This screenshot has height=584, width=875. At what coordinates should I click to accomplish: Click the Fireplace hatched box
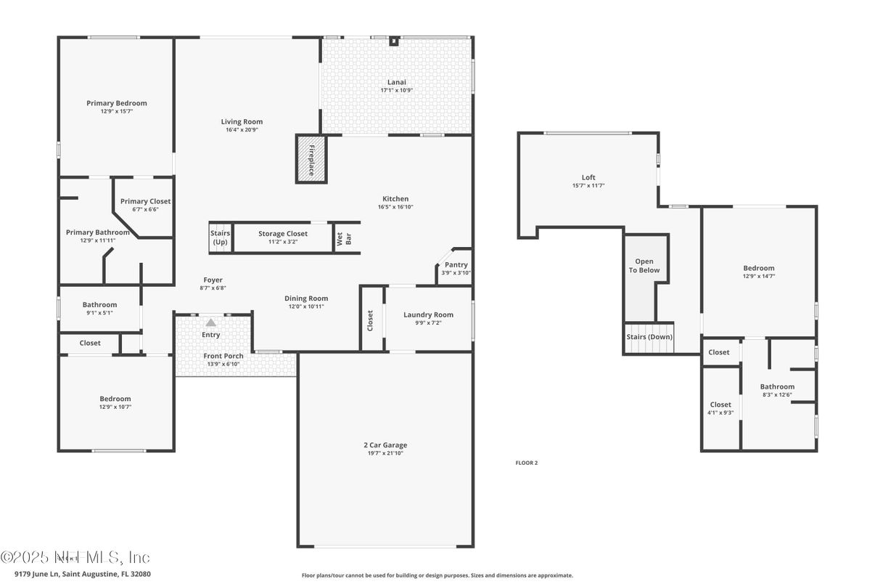point(311,158)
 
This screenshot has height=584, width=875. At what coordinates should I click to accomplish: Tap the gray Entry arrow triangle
point(210,323)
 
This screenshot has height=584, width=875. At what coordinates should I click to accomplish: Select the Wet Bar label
point(343,238)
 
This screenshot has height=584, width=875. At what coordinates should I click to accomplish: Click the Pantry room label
point(456,265)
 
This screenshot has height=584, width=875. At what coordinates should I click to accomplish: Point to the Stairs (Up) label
point(220,238)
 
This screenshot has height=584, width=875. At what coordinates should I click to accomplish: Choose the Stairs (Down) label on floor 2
point(649,337)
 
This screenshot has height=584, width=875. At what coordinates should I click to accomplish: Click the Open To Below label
point(644,266)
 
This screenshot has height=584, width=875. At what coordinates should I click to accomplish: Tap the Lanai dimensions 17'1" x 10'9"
point(396,91)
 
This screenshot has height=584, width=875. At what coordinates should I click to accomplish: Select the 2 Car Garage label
point(385,445)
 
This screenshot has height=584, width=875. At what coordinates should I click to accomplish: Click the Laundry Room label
point(428,315)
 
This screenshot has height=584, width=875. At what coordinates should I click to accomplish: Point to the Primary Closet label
point(145,201)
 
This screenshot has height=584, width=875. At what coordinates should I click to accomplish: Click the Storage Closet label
point(283,234)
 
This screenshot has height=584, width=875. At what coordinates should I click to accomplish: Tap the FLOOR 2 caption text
point(526,463)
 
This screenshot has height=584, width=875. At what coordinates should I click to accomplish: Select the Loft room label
point(588,177)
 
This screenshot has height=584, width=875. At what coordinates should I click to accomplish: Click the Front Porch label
point(223,356)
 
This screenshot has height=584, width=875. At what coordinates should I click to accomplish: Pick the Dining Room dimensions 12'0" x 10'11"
point(305,307)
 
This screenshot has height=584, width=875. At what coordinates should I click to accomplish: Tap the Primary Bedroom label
point(117,103)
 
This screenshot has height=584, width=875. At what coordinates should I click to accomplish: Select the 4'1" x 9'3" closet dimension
point(720,413)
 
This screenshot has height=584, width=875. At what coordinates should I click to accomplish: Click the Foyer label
point(213,280)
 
